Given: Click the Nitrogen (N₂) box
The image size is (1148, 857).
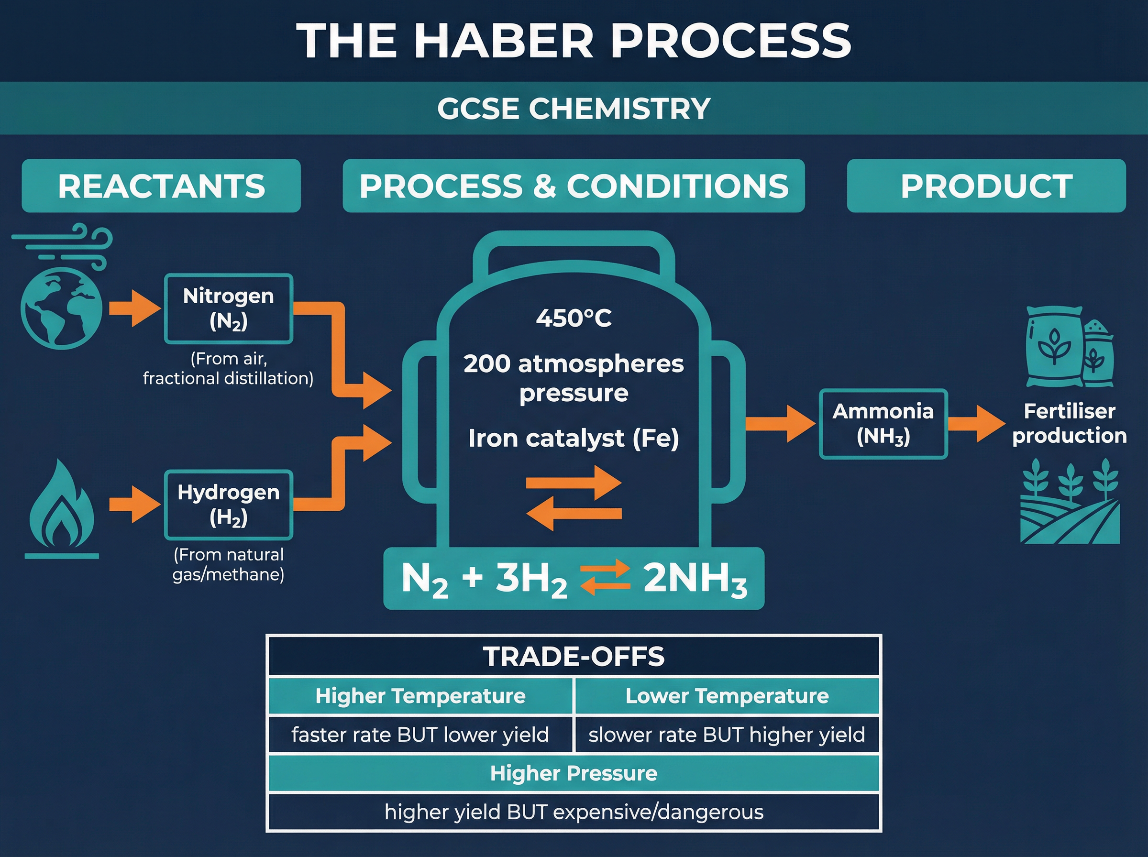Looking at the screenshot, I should (x=228, y=308).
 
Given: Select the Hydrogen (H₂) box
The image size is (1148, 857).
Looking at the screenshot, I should (x=228, y=505).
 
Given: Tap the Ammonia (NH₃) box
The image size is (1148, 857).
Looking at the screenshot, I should (x=883, y=424).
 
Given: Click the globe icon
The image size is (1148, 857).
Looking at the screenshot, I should (x=61, y=308).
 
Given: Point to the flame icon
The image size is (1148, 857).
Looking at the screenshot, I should (x=62, y=506).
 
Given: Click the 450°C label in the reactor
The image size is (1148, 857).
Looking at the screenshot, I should (x=574, y=318).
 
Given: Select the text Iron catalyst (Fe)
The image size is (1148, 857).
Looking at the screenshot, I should (x=574, y=439).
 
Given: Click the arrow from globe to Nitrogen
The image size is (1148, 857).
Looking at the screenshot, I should (x=134, y=308).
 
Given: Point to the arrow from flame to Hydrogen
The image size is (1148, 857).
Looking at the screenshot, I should (x=134, y=504).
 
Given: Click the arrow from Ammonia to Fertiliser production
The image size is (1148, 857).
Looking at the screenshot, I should (x=976, y=424).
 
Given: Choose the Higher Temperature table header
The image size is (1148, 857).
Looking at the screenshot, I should (x=420, y=696).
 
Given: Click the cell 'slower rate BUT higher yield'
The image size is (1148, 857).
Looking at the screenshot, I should (x=726, y=735).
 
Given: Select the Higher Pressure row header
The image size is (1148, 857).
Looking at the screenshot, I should (x=574, y=773).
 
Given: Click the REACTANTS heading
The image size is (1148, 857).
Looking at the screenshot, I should (x=161, y=186).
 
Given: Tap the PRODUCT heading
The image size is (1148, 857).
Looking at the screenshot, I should (x=986, y=186).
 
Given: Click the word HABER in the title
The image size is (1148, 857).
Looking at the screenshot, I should (x=503, y=41).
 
